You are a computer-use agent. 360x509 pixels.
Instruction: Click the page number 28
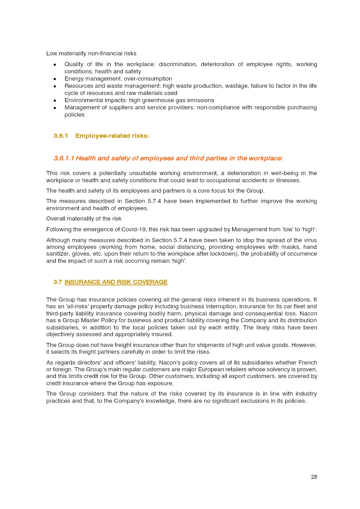[x=314, y=477]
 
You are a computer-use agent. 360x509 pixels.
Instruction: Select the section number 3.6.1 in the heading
[x=60, y=136]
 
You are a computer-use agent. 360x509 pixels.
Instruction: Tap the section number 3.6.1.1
[x=63, y=158]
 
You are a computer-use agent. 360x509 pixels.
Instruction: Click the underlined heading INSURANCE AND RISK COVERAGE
[x=116, y=282]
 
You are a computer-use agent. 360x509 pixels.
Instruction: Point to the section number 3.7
[x=58, y=282]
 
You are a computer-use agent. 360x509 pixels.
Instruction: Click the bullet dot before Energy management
[x=54, y=79]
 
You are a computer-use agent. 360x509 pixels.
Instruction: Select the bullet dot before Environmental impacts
[x=54, y=100]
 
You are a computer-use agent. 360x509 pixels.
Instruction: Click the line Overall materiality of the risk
[x=84, y=219]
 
